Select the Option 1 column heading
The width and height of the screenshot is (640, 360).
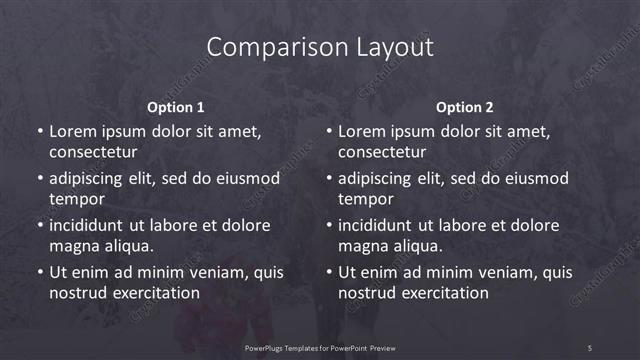click(x=176, y=107)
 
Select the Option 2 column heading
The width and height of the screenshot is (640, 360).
click(x=465, y=107)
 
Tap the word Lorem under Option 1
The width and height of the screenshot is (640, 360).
click(x=72, y=131)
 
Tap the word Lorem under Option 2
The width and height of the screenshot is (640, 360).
click(x=361, y=131)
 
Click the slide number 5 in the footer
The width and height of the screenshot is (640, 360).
click(x=590, y=347)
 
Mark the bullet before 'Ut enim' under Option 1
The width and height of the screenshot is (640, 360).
click(x=39, y=272)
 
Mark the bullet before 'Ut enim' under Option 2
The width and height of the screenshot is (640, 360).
click(x=328, y=272)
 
